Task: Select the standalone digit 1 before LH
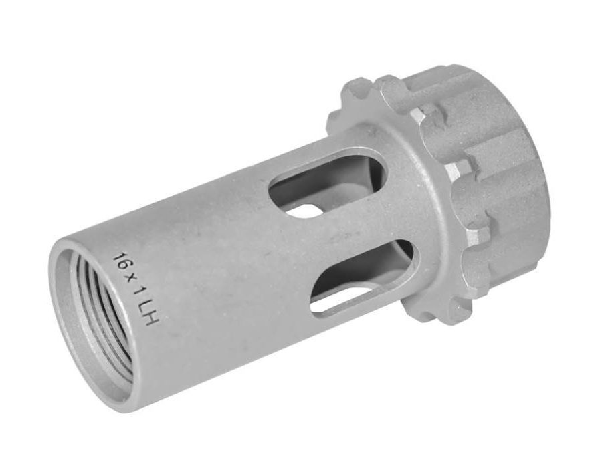[136, 289]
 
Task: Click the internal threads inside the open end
[100, 314]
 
